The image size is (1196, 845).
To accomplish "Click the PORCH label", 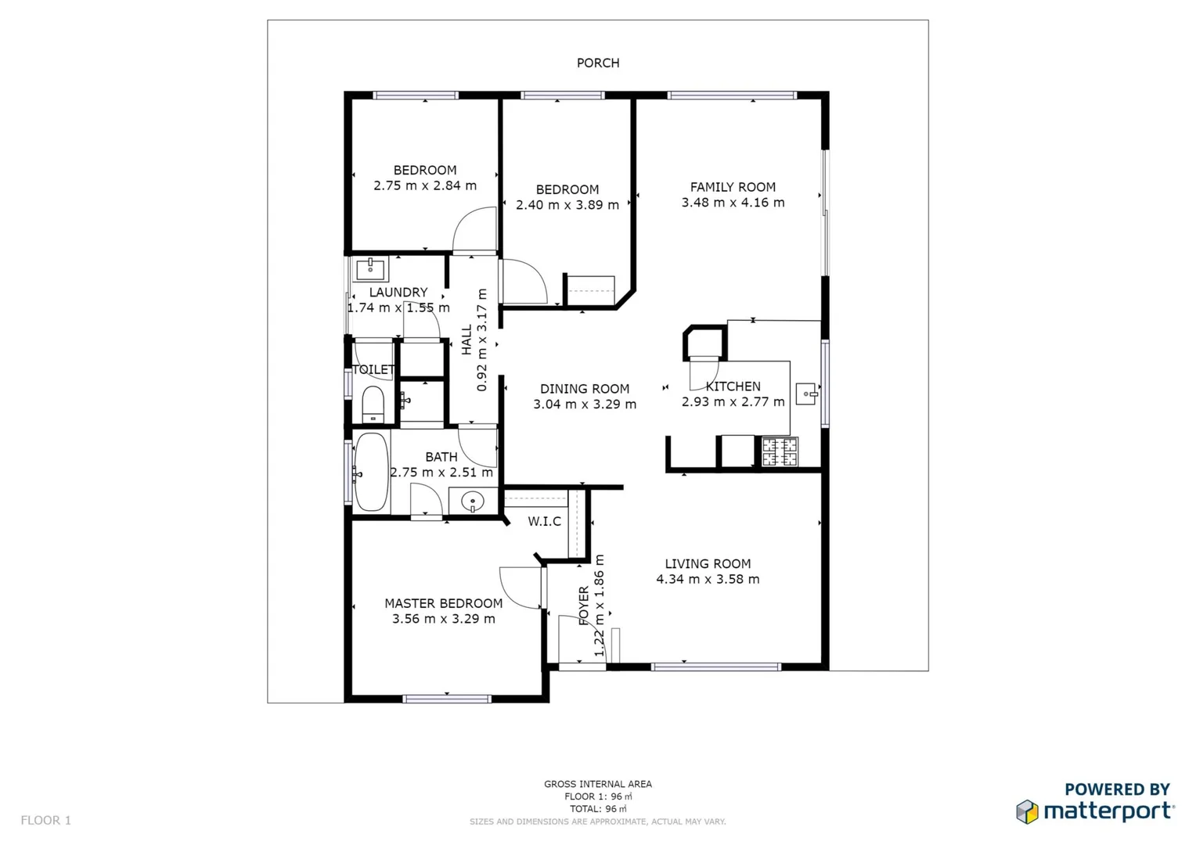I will click(x=598, y=63).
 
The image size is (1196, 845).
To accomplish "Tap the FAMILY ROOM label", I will click(x=733, y=187).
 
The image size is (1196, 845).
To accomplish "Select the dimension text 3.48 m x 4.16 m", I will click(x=733, y=203).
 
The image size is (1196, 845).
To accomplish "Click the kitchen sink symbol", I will click(x=806, y=394).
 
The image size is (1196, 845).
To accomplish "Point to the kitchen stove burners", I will click(x=780, y=452).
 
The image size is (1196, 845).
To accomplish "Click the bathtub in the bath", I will click(x=371, y=473).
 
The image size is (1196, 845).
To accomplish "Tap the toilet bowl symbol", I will click(x=373, y=404).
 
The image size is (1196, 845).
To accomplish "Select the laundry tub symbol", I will click(x=370, y=270).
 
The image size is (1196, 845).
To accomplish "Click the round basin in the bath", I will click(x=472, y=501).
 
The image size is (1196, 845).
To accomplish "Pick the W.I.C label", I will click(x=544, y=522).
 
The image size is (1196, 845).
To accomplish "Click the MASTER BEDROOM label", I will click(x=443, y=603).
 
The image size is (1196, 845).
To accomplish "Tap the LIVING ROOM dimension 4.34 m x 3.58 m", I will click(x=708, y=580).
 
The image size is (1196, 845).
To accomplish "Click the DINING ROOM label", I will click(x=584, y=389).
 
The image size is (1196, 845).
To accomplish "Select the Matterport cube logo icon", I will click(x=1027, y=811).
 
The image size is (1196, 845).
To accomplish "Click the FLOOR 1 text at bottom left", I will click(x=45, y=820).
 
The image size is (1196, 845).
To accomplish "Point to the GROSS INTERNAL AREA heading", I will click(x=598, y=784).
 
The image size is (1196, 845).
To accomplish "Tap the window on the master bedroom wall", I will click(x=446, y=698).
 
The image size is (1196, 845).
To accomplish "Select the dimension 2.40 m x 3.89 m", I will click(x=567, y=205).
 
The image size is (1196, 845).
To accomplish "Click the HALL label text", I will click(x=467, y=340).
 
